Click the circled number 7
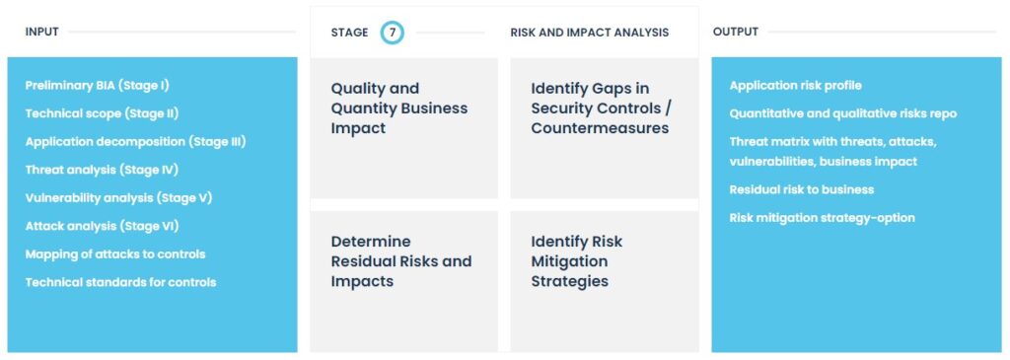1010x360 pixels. click(393, 33)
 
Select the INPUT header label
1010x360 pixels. click(41, 33)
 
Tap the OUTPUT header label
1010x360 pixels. click(736, 33)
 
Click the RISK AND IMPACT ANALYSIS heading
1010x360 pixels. click(590, 33)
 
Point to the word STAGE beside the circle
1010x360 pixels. click(350, 33)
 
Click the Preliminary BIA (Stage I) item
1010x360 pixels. click(98, 85)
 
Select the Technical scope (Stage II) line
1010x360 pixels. click(102, 113)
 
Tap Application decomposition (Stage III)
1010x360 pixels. click(135, 142)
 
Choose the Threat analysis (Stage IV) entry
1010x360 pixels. click(102, 170)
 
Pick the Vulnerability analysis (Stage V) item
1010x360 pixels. click(118, 197)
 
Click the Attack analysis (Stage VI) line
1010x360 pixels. click(102, 226)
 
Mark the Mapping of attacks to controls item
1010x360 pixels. click(115, 254)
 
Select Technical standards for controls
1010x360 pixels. click(120, 282)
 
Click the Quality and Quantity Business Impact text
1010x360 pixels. click(399, 108)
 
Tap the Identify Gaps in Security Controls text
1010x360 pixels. click(600, 108)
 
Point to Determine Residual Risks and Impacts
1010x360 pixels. click(401, 261)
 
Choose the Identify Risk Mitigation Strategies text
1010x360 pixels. click(577, 261)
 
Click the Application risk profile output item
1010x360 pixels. click(796, 86)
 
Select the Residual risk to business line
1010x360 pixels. click(801, 189)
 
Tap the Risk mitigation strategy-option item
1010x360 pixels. click(822, 218)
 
